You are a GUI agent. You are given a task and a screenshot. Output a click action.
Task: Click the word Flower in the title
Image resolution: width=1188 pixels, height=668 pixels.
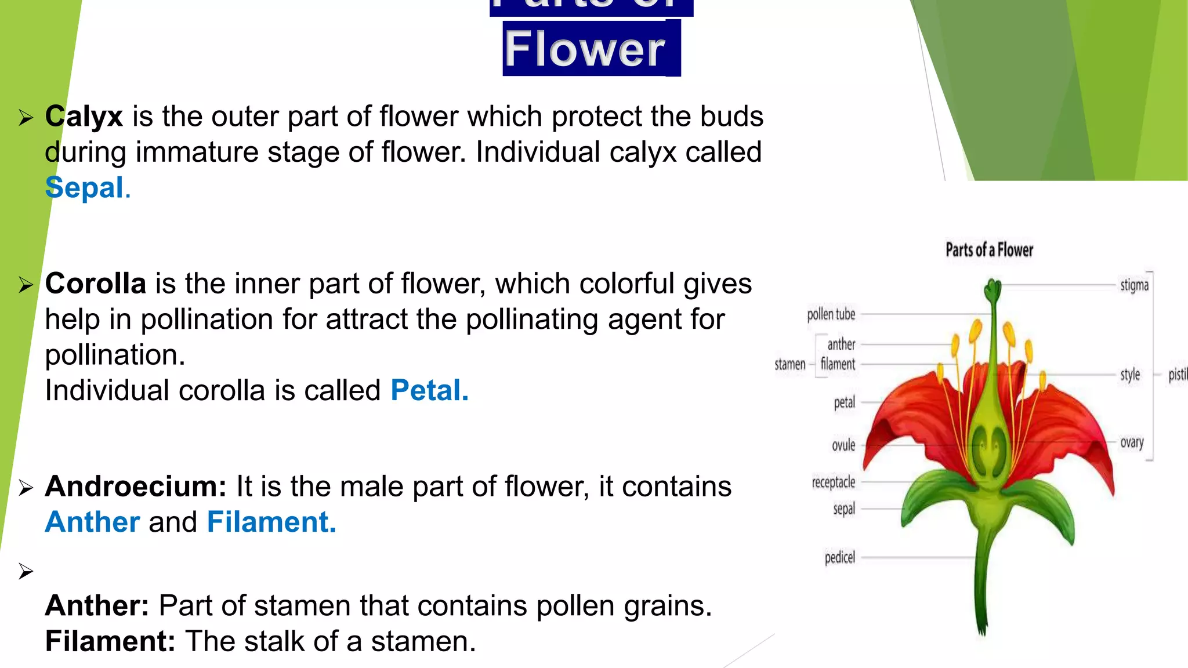point(585,49)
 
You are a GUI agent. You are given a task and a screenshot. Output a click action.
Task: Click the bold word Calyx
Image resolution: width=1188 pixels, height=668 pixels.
point(84,117)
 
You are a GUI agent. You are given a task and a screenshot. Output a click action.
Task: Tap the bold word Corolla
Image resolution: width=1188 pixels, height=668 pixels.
point(96,284)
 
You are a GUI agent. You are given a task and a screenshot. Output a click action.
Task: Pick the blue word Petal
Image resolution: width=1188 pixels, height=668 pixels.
point(429,390)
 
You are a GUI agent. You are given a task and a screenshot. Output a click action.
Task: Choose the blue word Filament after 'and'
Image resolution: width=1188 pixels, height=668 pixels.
point(271,522)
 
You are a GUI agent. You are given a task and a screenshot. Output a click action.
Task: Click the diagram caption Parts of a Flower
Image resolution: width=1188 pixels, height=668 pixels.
point(989,250)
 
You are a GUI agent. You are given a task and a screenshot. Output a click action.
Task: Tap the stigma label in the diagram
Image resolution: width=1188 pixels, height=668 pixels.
point(1134,285)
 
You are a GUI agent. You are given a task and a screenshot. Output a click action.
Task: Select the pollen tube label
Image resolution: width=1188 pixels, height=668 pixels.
point(831,314)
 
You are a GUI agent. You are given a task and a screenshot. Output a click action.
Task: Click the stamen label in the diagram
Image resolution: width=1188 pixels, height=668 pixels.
point(789,365)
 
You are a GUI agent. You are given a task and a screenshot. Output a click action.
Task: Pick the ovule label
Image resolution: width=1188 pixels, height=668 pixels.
point(843,445)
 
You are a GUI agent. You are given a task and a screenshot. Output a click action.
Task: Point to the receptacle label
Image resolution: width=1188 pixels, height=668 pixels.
point(833,482)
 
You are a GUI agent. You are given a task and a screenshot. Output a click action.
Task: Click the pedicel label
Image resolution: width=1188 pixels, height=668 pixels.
point(839,558)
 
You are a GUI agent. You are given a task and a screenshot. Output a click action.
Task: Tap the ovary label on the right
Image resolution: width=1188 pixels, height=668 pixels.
point(1132,442)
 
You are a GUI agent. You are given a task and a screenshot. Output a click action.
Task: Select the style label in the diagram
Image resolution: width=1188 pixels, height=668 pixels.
point(1129,375)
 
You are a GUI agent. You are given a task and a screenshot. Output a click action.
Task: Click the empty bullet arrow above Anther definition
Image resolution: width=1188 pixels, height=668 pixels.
point(26,572)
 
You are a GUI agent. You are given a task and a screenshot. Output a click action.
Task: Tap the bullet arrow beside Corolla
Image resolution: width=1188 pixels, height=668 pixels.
point(26,285)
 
